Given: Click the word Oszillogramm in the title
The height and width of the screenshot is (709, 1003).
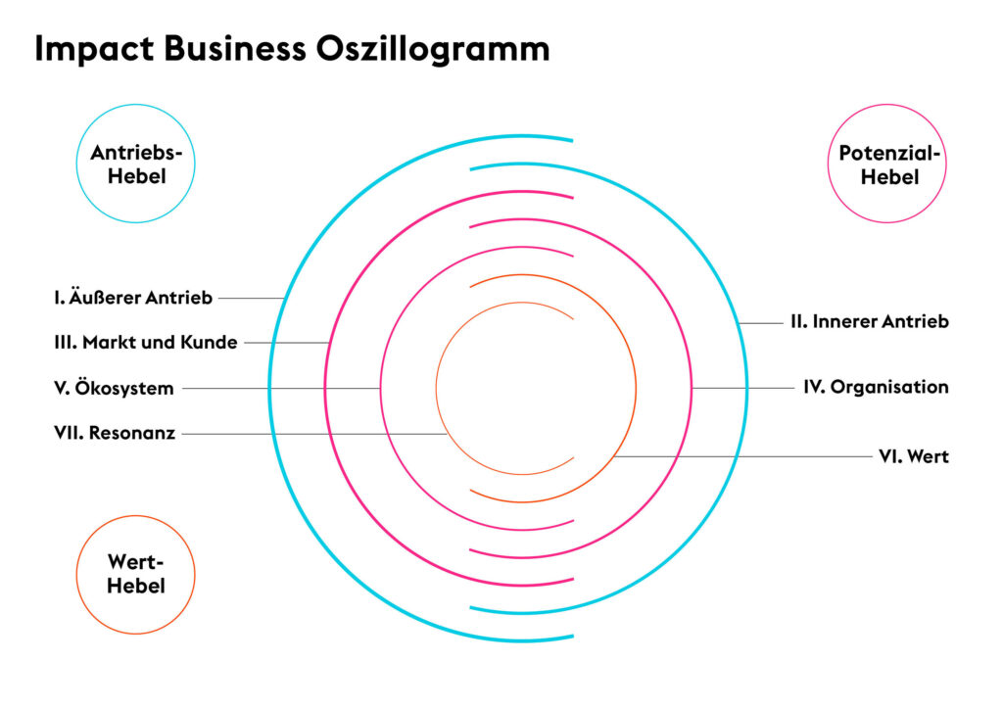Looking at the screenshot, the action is pos(432,49).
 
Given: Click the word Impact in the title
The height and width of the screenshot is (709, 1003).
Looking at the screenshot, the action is pos(94,49).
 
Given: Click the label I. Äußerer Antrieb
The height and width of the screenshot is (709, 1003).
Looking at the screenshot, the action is pos(133,298).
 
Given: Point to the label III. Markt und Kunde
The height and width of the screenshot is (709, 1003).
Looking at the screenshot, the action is pos(146,342).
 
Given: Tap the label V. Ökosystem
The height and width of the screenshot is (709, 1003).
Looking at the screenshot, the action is pos(114,388).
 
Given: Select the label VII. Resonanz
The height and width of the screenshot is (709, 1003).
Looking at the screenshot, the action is pos(115,433).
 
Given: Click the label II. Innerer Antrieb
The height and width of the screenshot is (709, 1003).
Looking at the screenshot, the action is pos(870,321).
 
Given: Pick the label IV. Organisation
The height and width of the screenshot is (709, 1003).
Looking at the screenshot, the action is pos(877,387).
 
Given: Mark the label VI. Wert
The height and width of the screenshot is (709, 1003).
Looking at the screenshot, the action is pos(914,456).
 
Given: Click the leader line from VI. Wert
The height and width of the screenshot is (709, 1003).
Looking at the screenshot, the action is pos(742,456).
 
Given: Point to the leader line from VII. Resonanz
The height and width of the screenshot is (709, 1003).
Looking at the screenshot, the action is pos(314,434).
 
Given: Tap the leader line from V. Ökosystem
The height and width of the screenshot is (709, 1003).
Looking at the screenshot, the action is pos(281,388).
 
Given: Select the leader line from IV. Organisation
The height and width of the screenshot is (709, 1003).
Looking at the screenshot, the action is pos(743,388).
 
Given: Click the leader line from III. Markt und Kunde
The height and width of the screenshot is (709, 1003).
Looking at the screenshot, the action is pos(287,343).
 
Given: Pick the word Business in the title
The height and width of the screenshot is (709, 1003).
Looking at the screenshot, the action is pos(235,49).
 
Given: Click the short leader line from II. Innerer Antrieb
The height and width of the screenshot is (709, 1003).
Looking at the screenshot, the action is pos(760,323).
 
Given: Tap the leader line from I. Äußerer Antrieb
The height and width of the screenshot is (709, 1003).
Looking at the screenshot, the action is pos(252,298).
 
